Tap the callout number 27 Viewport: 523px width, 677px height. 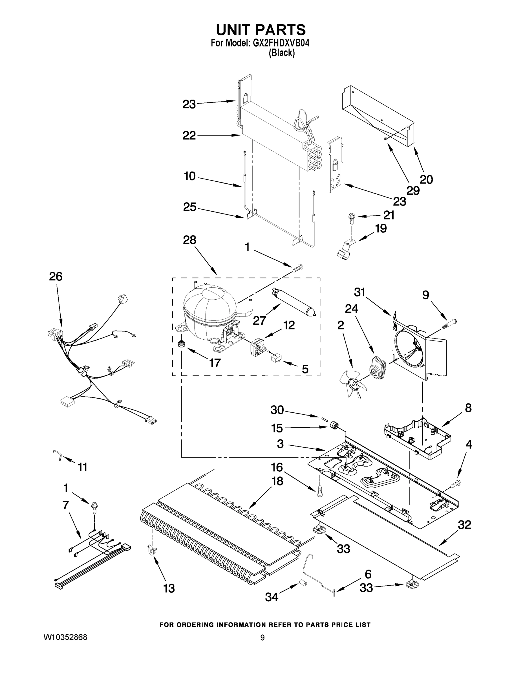(259, 320)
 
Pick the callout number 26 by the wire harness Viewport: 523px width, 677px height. (56, 276)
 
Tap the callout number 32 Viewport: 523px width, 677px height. (464, 524)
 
